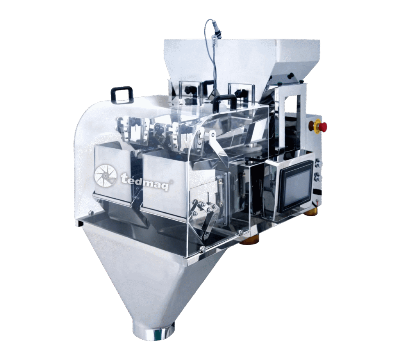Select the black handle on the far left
tap(122, 94)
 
